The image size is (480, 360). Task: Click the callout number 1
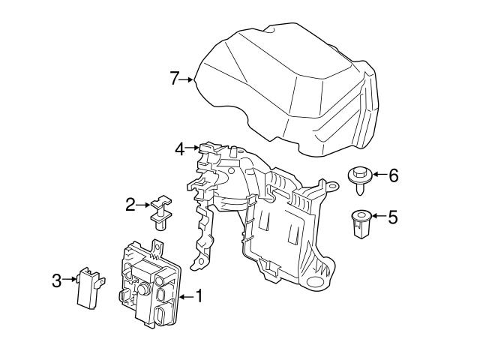pyautogui.click(x=199, y=296)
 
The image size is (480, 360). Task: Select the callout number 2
pyautogui.click(x=130, y=204)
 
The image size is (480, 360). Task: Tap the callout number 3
pyautogui.click(x=56, y=281)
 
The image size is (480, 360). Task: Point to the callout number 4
pyautogui.click(x=180, y=149)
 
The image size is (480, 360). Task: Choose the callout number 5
pyautogui.click(x=393, y=217)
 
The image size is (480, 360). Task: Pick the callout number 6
pyautogui.click(x=393, y=175)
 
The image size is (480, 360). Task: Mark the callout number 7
pyautogui.click(x=175, y=77)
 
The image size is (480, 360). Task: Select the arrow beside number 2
pyautogui.click(x=143, y=204)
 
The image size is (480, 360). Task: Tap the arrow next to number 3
pyautogui.click(x=69, y=281)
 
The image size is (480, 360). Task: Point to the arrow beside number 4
pyautogui.click(x=193, y=149)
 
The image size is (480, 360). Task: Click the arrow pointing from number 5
pyautogui.click(x=378, y=217)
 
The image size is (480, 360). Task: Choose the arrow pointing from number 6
pyautogui.click(x=378, y=175)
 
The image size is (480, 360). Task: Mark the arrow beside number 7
pyautogui.click(x=187, y=78)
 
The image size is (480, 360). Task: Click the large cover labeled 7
pyautogui.click(x=285, y=82)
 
